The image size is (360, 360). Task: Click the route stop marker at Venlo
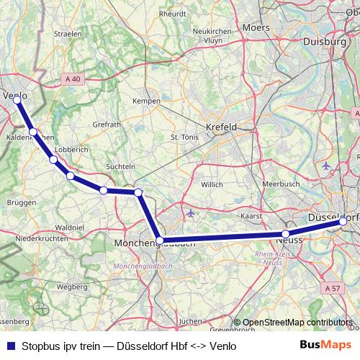[17, 99]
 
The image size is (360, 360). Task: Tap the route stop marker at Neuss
[286, 234]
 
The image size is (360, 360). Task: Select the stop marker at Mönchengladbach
[160, 240]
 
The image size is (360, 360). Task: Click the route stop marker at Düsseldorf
[343, 222]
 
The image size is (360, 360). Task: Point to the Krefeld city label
[221, 127]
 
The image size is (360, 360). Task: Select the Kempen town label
[146, 102]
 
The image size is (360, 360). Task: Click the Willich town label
[212, 184]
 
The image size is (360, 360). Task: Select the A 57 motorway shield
[332, 289]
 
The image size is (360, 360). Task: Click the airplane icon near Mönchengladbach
[190, 213]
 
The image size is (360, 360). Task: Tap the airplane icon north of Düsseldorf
[325, 166]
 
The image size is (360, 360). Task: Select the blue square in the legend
[10, 345]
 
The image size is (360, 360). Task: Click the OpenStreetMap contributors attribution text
[298, 323]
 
